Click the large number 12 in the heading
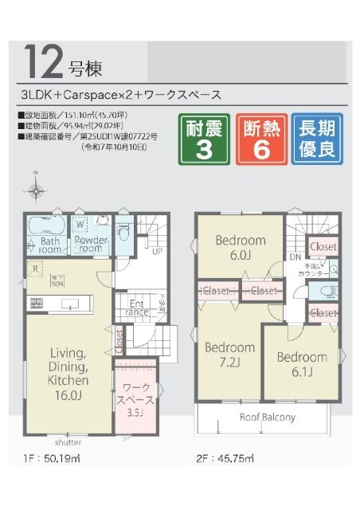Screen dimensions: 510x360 (x=43, y=61)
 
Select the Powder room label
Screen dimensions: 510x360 (x=92, y=244)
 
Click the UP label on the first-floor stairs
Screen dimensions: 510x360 (x=158, y=253)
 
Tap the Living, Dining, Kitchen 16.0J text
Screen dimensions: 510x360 (x=74, y=367)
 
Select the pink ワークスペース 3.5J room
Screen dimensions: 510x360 (x=137, y=398)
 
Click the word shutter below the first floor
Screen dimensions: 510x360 (x=68, y=442)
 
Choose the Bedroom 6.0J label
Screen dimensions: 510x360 (x=241, y=248)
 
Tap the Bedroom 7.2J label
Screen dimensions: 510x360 (x=230, y=355)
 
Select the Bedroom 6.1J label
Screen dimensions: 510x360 (x=301, y=364)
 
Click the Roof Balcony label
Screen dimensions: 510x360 (x=268, y=418)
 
